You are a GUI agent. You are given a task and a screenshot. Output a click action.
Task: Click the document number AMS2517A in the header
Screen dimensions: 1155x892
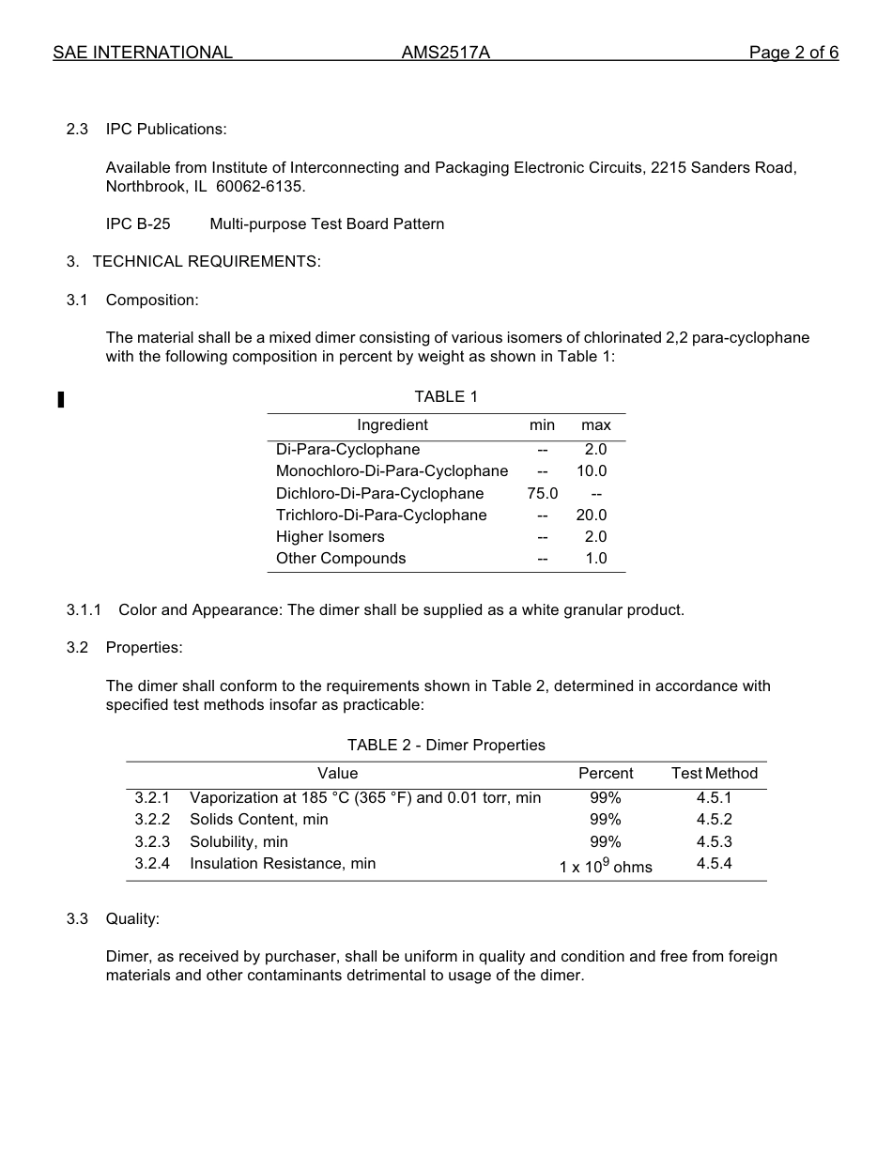[445, 53]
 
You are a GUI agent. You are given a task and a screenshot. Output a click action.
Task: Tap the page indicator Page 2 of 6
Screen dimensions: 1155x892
[793, 53]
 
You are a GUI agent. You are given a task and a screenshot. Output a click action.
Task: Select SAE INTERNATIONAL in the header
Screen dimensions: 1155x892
[143, 53]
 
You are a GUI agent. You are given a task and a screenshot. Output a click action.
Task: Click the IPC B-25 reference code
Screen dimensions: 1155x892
[138, 223]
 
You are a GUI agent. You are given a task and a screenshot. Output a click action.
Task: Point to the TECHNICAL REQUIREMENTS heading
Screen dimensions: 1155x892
[207, 261]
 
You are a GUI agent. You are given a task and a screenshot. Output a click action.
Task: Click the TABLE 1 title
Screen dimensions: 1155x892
[446, 396]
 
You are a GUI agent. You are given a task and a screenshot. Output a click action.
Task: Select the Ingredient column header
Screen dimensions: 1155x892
[392, 425]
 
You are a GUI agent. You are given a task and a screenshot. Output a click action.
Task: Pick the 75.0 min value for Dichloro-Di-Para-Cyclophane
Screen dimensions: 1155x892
[543, 493]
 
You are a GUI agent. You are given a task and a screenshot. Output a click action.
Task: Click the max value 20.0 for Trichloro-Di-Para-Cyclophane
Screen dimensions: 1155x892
[592, 515]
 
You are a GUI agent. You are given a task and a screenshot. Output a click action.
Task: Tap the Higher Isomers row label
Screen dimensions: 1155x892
[330, 536]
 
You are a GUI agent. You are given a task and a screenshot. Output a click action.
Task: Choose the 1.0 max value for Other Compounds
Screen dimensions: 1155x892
[596, 558]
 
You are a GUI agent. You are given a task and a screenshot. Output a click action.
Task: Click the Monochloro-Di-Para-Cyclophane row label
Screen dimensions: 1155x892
[392, 470]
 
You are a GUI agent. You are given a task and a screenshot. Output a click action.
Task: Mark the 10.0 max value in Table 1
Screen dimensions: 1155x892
[592, 470]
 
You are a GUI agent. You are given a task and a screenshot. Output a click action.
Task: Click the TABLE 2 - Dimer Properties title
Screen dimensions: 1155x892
[446, 745]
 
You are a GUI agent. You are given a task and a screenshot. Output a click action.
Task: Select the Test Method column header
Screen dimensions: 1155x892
[714, 773]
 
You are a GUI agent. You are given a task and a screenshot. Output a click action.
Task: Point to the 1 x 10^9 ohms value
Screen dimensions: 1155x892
[606, 866]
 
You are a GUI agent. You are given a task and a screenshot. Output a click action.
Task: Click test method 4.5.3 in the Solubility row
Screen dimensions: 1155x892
[714, 841]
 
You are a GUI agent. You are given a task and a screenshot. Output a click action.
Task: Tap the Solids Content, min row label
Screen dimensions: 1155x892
[259, 819]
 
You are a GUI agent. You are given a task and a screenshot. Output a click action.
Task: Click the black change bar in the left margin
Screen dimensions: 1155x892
[61, 400]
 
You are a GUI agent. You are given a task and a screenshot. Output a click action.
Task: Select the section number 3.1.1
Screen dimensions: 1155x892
[84, 609]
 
